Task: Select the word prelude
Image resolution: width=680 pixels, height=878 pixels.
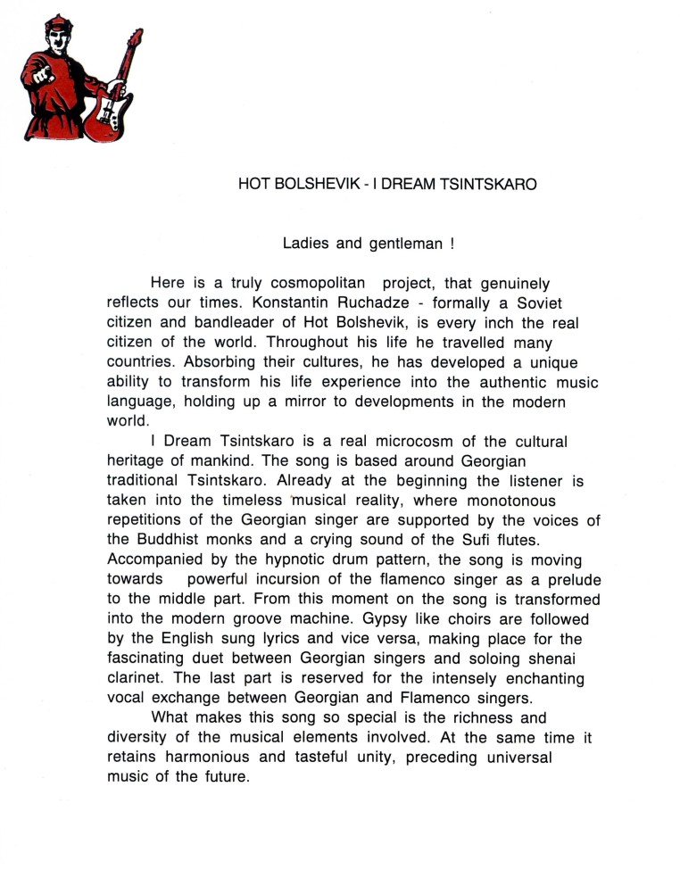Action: tap(564, 580)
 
